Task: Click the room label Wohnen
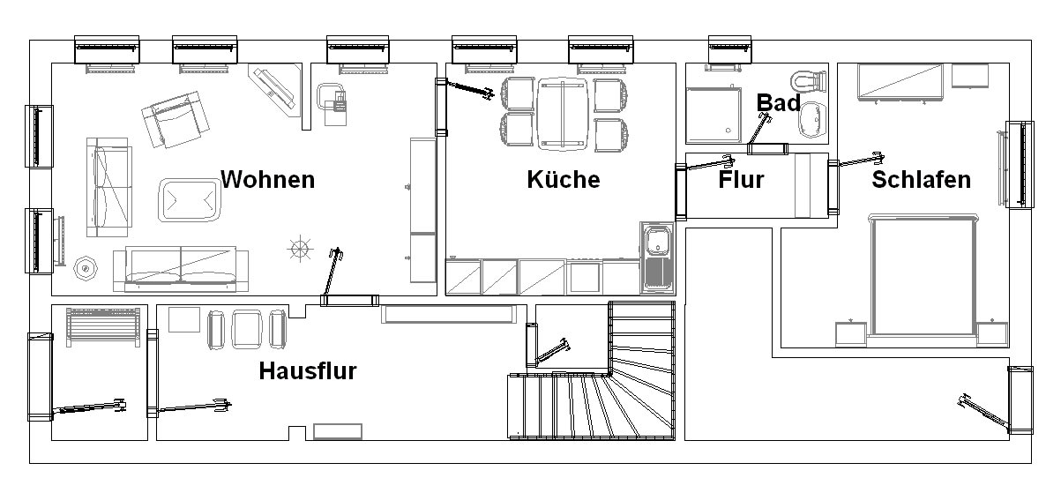[267, 180]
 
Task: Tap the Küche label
[564, 180]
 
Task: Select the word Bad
[778, 103]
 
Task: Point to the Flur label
[741, 180]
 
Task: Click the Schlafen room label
[922, 180]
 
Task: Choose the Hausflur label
[308, 370]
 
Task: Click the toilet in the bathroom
[809, 81]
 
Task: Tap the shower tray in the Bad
[714, 115]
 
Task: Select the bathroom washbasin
[813, 120]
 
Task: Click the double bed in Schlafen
[923, 276]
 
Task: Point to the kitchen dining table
[563, 114]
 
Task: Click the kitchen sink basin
[657, 241]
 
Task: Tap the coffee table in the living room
[190, 200]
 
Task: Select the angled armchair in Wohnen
[176, 120]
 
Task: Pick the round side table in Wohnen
[86, 269]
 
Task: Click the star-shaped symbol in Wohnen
[300, 248]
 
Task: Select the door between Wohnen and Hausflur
[349, 300]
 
